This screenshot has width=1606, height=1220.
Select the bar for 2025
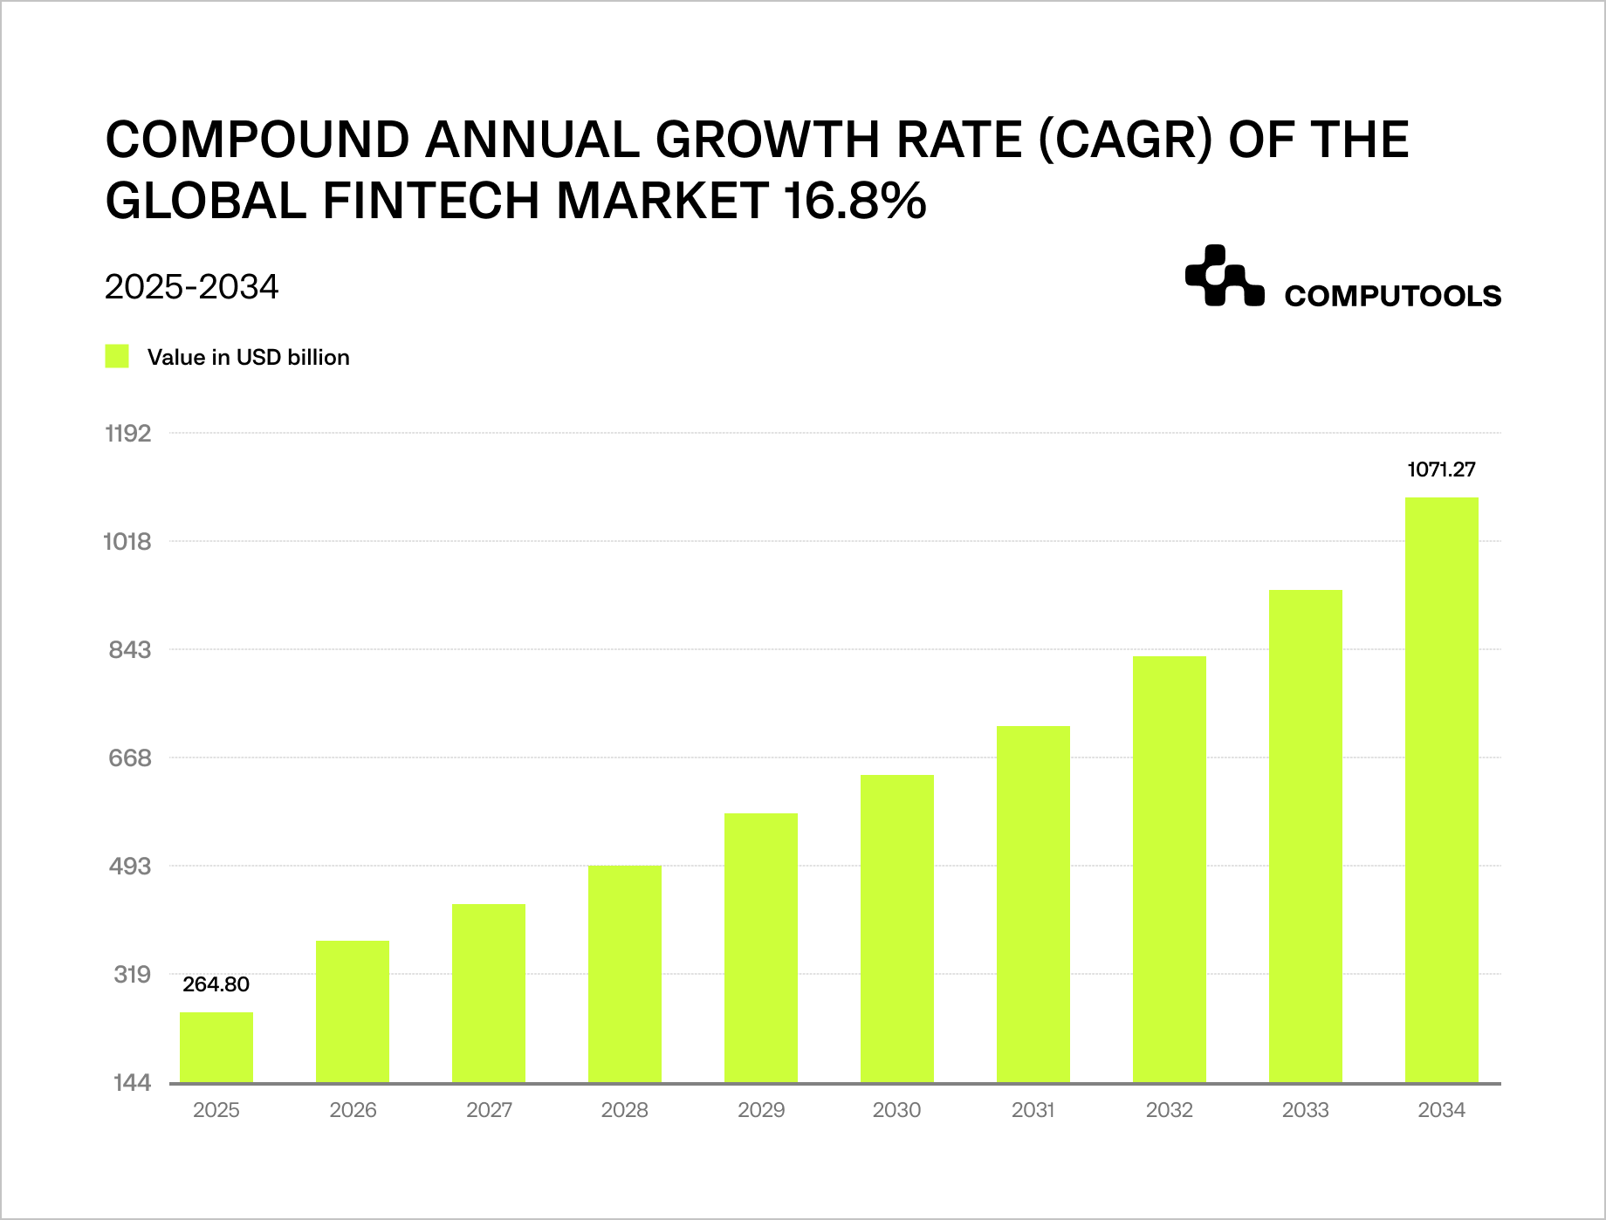pos(216,1047)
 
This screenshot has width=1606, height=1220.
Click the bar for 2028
pos(625,974)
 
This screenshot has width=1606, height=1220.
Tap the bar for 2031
pos(1033,904)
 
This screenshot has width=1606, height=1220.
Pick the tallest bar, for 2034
pos(1442,790)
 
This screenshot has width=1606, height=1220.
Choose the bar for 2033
pos(1306,836)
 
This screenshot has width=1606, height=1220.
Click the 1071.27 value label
pos(1442,469)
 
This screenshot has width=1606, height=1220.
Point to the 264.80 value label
pos(216,984)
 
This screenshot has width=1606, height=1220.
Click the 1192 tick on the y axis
pos(128,434)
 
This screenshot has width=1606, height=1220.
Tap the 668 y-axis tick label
pos(130,758)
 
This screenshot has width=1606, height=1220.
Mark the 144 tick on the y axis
pos(133,1083)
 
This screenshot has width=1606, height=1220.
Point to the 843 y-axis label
pos(130,650)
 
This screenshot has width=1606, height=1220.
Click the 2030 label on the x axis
pos(897,1110)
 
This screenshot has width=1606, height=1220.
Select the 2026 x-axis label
pos(353,1110)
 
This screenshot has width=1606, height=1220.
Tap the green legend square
pos(117,357)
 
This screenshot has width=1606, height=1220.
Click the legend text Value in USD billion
pos(249,358)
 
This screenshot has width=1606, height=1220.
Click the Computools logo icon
pos(1224,277)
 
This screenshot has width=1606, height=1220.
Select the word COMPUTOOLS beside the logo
pos(1392,297)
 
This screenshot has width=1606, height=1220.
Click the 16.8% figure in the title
pos(854,201)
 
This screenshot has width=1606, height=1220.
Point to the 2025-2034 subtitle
pos(192,287)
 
